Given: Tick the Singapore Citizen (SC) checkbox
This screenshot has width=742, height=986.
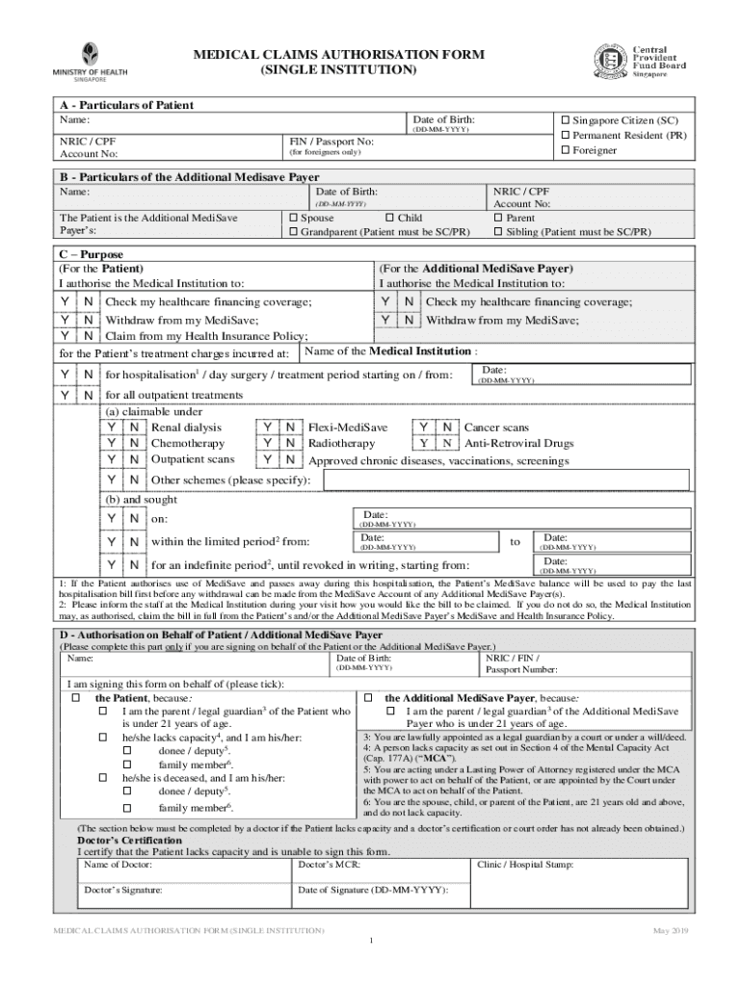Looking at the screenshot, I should [x=566, y=120].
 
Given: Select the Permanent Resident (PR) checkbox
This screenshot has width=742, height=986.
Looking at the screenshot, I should [x=566, y=136].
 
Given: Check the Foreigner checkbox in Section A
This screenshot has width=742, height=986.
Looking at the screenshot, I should [x=566, y=151].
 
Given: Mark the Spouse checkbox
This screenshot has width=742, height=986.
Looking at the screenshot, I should [x=293, y=219].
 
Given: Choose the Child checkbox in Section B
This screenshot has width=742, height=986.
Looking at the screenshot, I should [x=389, y=219].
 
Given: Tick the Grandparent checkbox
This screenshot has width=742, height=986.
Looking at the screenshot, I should [x=293, y=233].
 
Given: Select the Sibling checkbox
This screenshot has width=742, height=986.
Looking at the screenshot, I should [x=498, y=233].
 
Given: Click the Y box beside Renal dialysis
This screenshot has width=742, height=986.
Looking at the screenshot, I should [x=113, y=427].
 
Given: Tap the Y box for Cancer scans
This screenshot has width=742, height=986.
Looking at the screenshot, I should [x=423, y=427].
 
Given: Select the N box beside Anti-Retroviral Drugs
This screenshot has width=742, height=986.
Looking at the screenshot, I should [x=446, y=443].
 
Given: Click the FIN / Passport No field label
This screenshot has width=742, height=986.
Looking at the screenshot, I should [x=332, y=141].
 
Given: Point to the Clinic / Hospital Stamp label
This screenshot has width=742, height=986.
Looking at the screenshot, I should [x=526, y=865].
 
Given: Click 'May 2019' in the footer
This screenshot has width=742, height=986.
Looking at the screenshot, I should [x=668, y=930].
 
